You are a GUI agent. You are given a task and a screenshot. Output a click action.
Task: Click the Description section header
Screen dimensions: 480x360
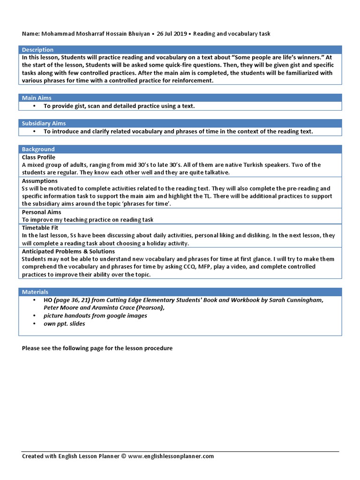[38, 50]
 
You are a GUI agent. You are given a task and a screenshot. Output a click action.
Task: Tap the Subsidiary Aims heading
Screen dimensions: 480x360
[44, 123]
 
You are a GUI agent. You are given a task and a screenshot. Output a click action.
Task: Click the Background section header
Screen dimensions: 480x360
[38, 149]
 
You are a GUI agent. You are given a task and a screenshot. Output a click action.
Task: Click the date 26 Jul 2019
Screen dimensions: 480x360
[172, 34]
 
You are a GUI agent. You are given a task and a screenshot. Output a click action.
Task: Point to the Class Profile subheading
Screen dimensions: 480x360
[38, 157]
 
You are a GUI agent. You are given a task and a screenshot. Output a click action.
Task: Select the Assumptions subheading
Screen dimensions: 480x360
[40, 181]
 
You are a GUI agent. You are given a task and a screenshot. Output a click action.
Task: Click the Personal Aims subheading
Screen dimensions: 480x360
[41, 212]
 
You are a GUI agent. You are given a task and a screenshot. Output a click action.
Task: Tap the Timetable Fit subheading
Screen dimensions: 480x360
[40, 228]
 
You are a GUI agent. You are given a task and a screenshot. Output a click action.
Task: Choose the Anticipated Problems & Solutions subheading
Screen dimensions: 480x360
[68, 252]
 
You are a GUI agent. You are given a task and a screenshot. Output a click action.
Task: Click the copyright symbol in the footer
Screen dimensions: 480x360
[124, 456]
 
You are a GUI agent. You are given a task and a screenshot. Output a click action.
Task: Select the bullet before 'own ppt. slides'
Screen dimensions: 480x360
[35, 324]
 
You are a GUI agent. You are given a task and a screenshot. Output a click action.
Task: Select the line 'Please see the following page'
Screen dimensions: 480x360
[97, 348]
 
